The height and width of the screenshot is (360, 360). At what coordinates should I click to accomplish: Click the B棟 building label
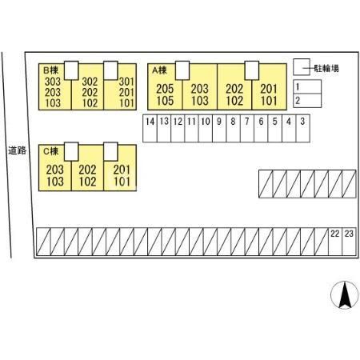pyautogui.click(x=50, y=70)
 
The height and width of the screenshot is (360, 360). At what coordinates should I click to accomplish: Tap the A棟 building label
pyautogui.click(x=159, y=70)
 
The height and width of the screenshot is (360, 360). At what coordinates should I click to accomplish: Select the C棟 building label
pyautogui.click(x=50, y=151)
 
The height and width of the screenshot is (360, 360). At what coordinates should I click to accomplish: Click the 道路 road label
pyautogui.click(x=18, y=150)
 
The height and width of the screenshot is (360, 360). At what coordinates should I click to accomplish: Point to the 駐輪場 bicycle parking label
pyautogui.click(x=326, y=69)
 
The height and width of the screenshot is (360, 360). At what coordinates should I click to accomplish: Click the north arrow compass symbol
pyautogui.click(x=345, y=295)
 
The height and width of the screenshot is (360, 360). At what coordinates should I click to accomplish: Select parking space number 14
pyautogui.click(x=150, y=128)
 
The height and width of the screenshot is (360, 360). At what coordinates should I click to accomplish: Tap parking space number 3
pyautogui.click(x=302, y=128)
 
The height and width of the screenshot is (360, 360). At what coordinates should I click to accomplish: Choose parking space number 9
pyautogui.click(x=219, y=128)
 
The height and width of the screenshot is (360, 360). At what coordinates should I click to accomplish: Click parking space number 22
pyautogui.click(x=335, y=242)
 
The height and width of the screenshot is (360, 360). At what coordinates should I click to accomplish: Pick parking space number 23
pyautogui.click(x=349, y=242)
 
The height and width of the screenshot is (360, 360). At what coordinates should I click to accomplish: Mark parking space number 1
pyautogui.click(x=307, y=86)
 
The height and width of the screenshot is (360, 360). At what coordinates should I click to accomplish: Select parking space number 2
pyautogui.click(x=307, y=101)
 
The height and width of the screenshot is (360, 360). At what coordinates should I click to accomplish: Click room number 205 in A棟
pyautogui.click(x=165, y=89)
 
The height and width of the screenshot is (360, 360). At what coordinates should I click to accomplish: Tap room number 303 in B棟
pyautogui.click(x=53, y=82)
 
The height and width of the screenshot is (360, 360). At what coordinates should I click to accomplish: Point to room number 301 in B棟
pyautogui.click(x=126, y=82)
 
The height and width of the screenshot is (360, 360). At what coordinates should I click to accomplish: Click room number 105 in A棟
pyautogui.click(x=165, y=101)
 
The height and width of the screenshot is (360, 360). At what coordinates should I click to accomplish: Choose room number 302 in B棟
pyautogui.click(x=90, y=82)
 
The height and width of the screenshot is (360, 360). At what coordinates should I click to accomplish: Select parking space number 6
pyautogui.click(x=261, y=128)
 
